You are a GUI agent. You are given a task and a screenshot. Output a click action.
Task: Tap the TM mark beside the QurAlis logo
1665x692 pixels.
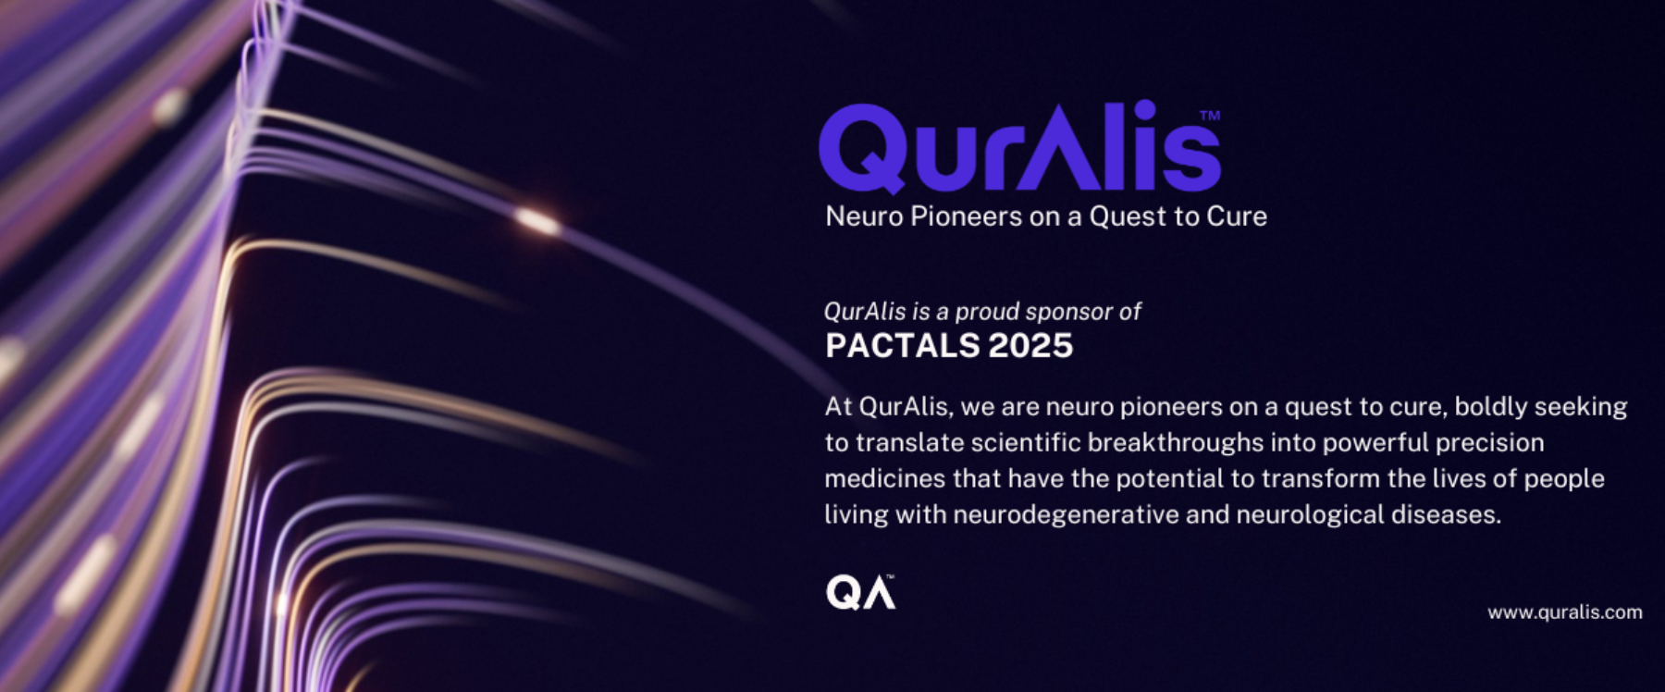[1210, 116]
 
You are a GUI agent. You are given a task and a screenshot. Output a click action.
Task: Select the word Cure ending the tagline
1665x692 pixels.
[1237, 216]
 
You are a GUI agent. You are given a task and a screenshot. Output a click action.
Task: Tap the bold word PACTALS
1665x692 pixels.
[902, 346]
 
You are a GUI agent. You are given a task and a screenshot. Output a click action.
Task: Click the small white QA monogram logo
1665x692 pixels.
[860, 592]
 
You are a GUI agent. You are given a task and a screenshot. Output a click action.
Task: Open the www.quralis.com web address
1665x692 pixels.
[1565, 612]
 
